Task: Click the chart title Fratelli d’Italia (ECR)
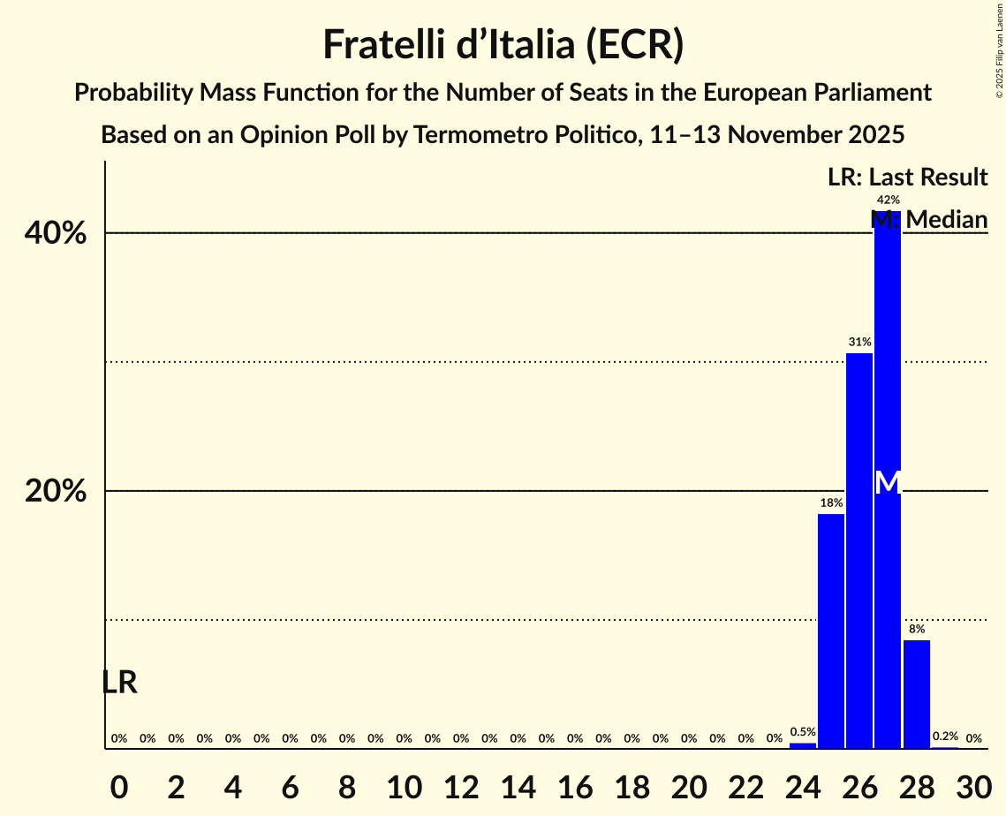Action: click(503, 45)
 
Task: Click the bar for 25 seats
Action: click(831, 631)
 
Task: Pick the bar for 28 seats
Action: click(917, 693)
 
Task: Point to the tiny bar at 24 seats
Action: click(803, 745)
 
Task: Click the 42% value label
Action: click(888, 200)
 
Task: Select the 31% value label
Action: click(859, 342)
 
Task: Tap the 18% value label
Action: click(831, 503)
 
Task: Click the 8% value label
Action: click(917, 630)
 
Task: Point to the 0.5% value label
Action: click(803, 732)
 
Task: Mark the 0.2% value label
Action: click(945, 737)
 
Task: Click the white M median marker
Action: click(888, 483)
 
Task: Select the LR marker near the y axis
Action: click(119, 683)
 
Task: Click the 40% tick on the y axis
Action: click(56, 233)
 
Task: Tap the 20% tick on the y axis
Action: click(56, 491)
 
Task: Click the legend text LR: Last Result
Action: click(907, 178)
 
